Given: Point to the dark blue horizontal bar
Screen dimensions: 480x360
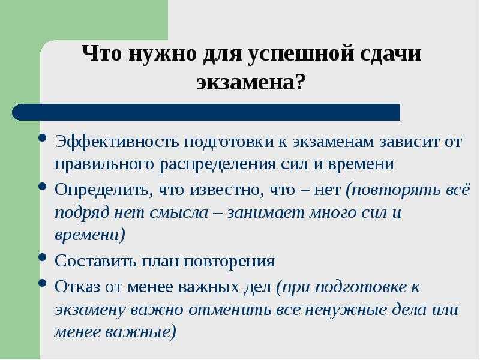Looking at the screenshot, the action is click(206, 112).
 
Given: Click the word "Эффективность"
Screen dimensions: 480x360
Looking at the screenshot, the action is click(116, 142).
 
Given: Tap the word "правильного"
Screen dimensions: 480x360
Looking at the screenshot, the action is click(104, 164).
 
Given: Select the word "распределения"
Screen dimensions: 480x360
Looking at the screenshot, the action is click(218, 164).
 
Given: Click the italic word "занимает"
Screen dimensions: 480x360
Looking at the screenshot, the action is click(265, 213).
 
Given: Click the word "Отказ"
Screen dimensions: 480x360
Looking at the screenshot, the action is click(77, 287).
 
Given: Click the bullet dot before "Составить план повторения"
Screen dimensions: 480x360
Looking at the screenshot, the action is click(43, 257).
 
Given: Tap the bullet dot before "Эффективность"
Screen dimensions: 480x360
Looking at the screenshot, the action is click(43, 137).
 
